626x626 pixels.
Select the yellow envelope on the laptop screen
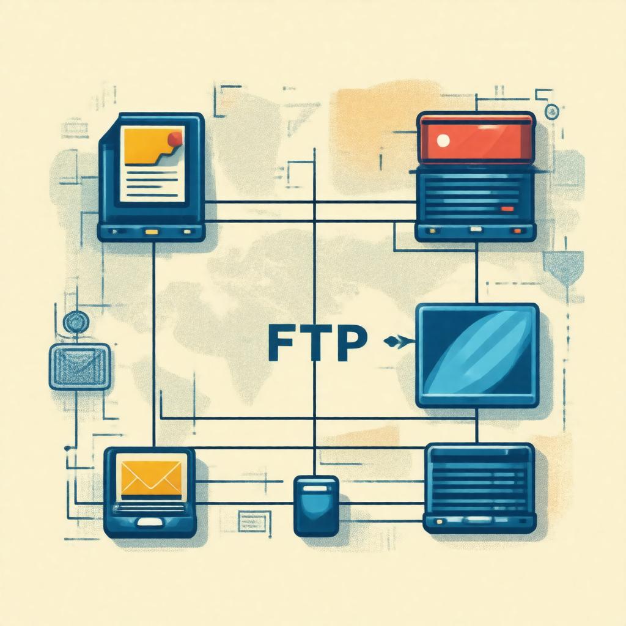point(151,477)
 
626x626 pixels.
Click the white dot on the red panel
point(444,140)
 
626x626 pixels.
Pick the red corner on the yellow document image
point(175,138)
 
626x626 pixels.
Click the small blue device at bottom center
point(316,506)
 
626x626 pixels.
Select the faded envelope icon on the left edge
point(79,366)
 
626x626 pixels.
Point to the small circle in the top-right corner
point(552,111)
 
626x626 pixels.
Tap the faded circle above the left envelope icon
point(76,322)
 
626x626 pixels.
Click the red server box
point(476,139)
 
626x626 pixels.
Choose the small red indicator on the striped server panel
point(507,209)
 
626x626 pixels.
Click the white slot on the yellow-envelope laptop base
point(150,523)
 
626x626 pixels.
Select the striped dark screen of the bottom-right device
point(479,480)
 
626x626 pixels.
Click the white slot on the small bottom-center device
point(316,489)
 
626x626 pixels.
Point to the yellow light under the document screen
point(150,232)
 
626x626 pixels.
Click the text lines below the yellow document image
point(150,183)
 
